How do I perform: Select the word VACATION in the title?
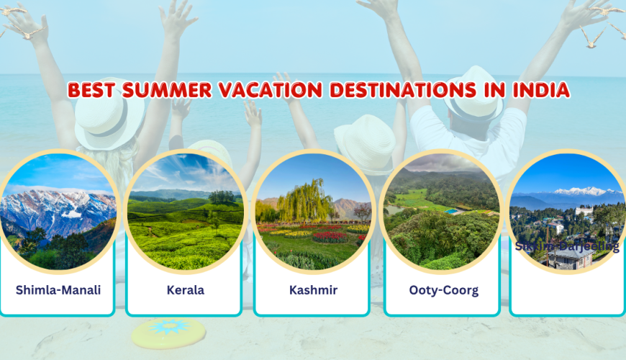(x=260, y=90)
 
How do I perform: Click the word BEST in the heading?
(x=91, y=90)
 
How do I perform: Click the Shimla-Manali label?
(x=58, y=291)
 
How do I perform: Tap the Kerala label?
(x=184, y=291)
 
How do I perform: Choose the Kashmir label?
(x=313, y=291)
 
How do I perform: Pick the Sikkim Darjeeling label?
(x=567, y=246)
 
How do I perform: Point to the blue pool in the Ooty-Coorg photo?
(x=451, y=212)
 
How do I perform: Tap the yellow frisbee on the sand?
(x=168, y=332)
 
